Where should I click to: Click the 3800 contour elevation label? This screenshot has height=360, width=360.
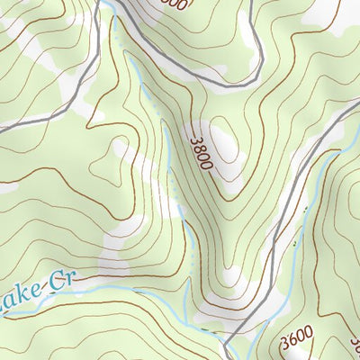[x=202, y=154]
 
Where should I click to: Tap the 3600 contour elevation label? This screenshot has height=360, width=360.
[x=296, y=338]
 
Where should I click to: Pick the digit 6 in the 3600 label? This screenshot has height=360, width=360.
[x=292, y=340]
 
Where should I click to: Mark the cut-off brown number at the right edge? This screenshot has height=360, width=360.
[x=355, y=343]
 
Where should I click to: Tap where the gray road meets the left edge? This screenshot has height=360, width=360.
[x=3, y=129]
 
